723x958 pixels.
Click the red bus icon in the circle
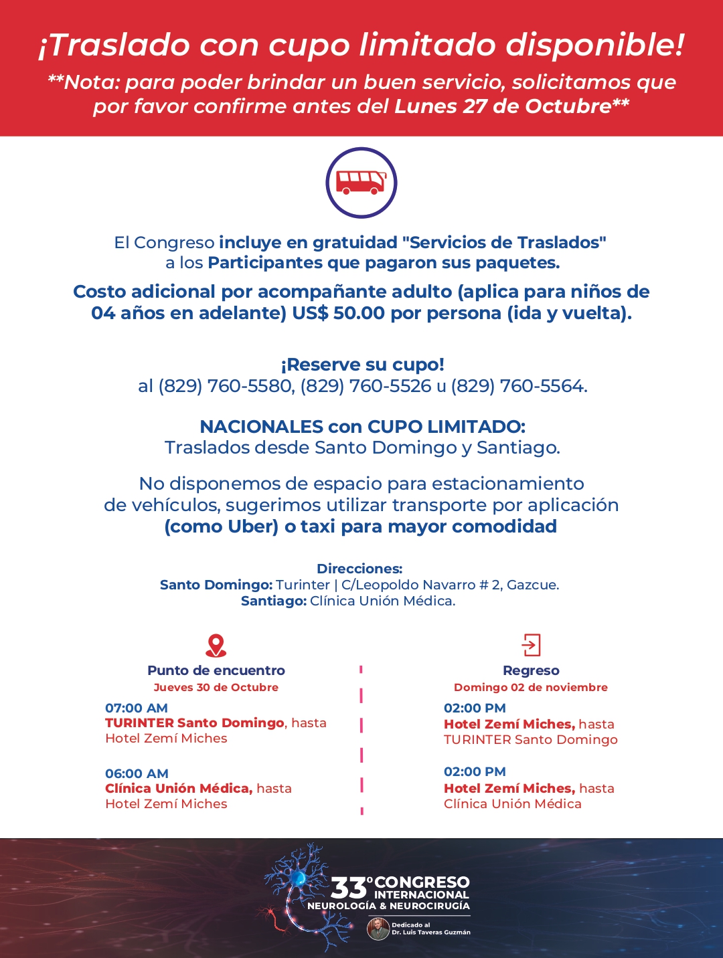pyautogui.click(x=361, y=183)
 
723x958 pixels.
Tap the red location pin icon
pyautogui.click(x=216, y=646)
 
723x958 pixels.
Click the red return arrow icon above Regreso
pyautogui.click(x=531, y=645)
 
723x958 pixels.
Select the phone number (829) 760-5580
pyautogui.click(x=226, y=386)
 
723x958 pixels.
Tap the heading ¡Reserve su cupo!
pyautogui.click(x=362, y=365)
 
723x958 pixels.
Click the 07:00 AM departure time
pyautogui.click(x=137, y=708)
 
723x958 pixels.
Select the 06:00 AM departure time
pyautogui.click(x=137, y=773)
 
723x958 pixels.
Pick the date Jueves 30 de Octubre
pyautogui.click(x=216, y=687)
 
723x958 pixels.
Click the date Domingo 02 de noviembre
pyautogui.click(x=531, y=687)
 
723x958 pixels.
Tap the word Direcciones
pyautogui.click(x=359, y=569)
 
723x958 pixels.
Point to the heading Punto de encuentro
pyautogui.click(x=216, y=670)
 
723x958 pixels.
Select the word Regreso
pyautogui.click(x=531, y=670)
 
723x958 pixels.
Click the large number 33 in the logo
pyautogui.click(x=349, y=888)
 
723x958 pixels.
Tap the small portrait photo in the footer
pyautogui.click(x=378, y=929)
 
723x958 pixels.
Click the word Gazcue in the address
pyautogui.click(x=532, y=585)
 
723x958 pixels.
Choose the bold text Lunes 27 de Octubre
pyautogui.click(x=503, y=106)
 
